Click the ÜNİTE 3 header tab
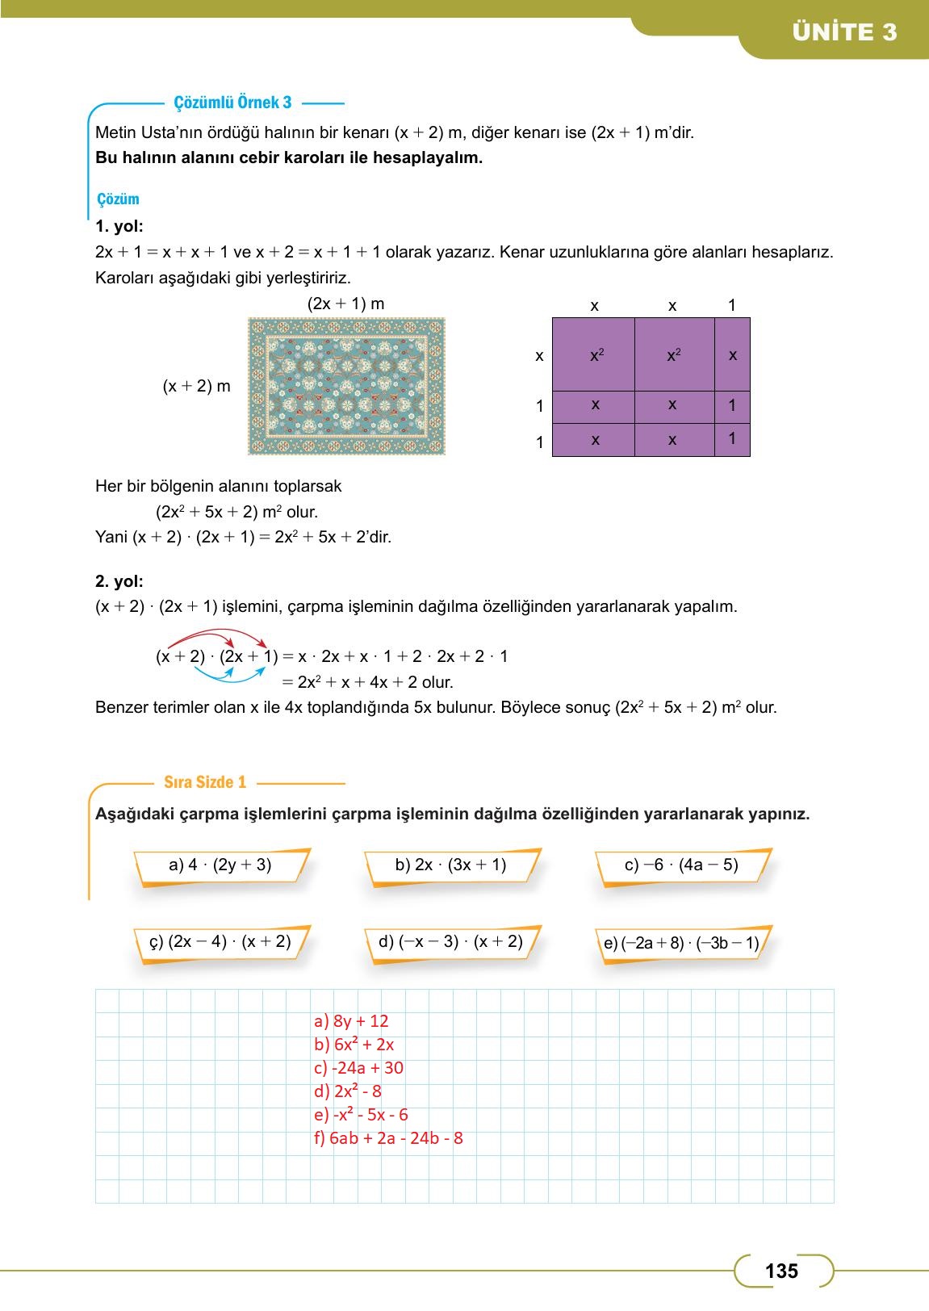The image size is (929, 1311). tap(844, 32)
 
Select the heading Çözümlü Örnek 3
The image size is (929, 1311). tap(232, 103)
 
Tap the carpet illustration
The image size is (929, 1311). tap(346, 387)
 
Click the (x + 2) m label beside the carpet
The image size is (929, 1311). tap(196, 386)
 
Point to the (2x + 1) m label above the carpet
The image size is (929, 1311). tap(345, 304)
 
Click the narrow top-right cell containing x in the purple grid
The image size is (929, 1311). tap(732, 354)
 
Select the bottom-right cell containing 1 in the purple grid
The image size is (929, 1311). tap(732, 440)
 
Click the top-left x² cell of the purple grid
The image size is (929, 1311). tap(594, 354)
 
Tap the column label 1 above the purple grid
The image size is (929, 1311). tap(732, 305)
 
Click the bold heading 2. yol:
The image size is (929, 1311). tap(119, 581)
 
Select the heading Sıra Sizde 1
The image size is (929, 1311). tap(205, 782)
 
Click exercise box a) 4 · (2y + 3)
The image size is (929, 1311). tap(220, 865)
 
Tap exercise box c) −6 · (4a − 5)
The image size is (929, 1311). tap(682, 865)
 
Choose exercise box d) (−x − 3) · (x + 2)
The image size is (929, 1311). tap(450, 942)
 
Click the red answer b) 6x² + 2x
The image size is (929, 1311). tap(354, 1045)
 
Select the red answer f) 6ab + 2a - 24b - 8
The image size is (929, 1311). tap(388, 1138)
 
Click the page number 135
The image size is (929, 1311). tap(780, 1271)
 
